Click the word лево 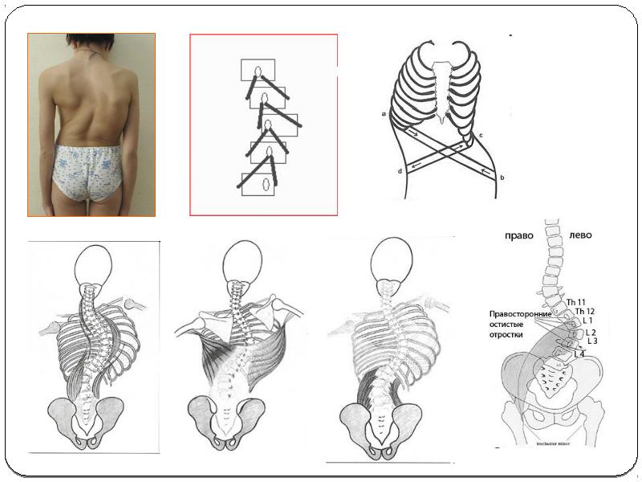tap(580, 235)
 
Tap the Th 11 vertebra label tap(577, 302)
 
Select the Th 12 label tap(584, 311)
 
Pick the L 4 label tap(579, 354)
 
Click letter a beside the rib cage tap(384, 115)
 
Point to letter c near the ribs tap(480, 135)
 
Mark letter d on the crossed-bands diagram tap(399, 172)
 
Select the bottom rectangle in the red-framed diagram tap(262, 182)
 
